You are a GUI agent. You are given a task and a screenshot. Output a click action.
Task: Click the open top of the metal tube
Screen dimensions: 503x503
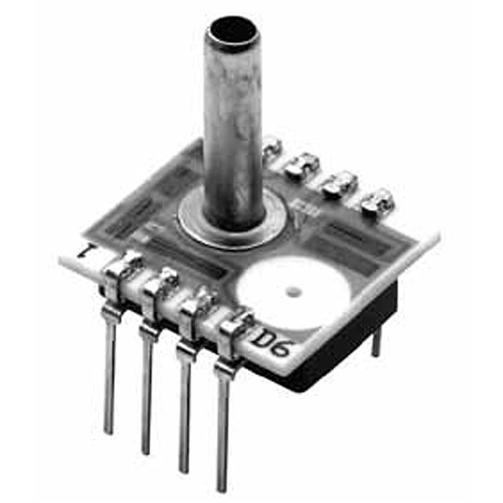(x=230, y=32)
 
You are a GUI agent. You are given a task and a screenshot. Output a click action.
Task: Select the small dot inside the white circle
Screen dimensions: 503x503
(x=292, y=293)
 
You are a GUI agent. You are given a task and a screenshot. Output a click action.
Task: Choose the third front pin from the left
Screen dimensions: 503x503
(x=182, y=409)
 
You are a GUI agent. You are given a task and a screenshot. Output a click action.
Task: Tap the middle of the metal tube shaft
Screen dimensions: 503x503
(x=232, y=126)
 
